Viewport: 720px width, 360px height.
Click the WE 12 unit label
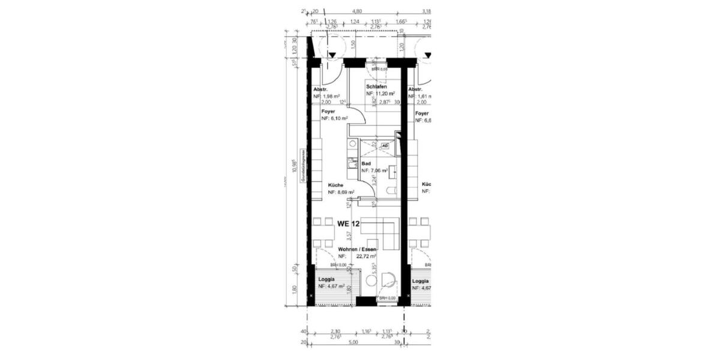(x=349, y=224)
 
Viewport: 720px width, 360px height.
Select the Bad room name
(x=365, y=163)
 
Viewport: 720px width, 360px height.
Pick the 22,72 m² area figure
(x=365, y=256)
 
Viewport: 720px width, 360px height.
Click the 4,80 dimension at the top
(x=357, y=11)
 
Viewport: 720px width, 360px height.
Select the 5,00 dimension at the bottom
(x=353, y=343)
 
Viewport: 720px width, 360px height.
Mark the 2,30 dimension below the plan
(x=336, y=331)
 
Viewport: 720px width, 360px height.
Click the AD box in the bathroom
(x=386, y=145)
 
